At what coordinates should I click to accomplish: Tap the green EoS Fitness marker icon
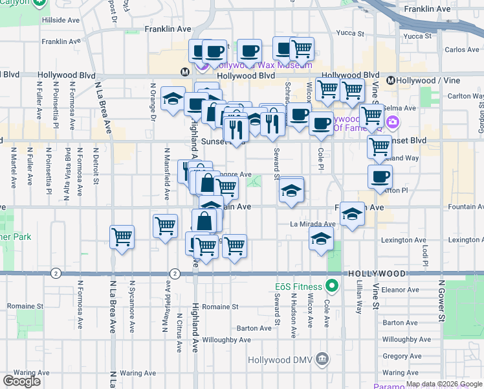333,285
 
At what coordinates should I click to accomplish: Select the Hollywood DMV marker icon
322,360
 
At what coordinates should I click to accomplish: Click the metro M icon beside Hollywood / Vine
391,80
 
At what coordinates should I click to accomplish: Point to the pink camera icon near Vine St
392,123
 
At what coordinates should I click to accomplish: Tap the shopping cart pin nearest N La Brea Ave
122,237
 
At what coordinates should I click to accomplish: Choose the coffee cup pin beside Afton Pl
380,176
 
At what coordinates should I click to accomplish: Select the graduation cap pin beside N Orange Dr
173,99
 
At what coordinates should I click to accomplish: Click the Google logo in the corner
21,381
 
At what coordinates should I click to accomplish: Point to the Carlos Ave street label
462,50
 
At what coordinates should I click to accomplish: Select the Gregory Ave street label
401,356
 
